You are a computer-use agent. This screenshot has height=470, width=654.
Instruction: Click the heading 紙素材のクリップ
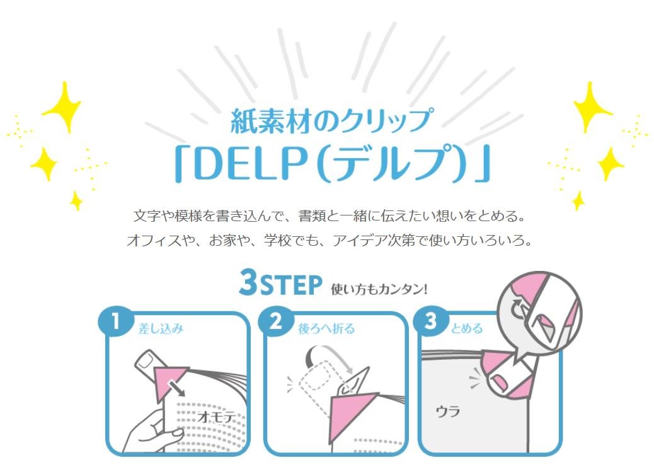pyautogui.click(x=331, y=122)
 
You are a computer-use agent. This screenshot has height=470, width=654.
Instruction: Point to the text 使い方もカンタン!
pyautogui.click(x=379, y=289)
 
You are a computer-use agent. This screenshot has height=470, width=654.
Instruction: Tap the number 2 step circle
pyautogui.click(x=276, y=322)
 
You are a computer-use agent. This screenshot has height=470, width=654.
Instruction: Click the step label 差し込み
pyautogui.click(x=161, y=329)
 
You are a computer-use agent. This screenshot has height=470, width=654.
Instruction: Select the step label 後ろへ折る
pyautogui.click(x=326, y=329)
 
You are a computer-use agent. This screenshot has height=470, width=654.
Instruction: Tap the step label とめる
pyautogui.click(x=467, y=329)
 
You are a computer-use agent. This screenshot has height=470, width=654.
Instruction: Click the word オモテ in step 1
pyautogui.click(x=216, y=416)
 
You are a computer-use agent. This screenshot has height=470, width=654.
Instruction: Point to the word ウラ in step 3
pyautogui.click(x=447, y=411)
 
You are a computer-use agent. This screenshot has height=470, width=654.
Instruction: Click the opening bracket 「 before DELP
pyautogui.click(x=182, y=164)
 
